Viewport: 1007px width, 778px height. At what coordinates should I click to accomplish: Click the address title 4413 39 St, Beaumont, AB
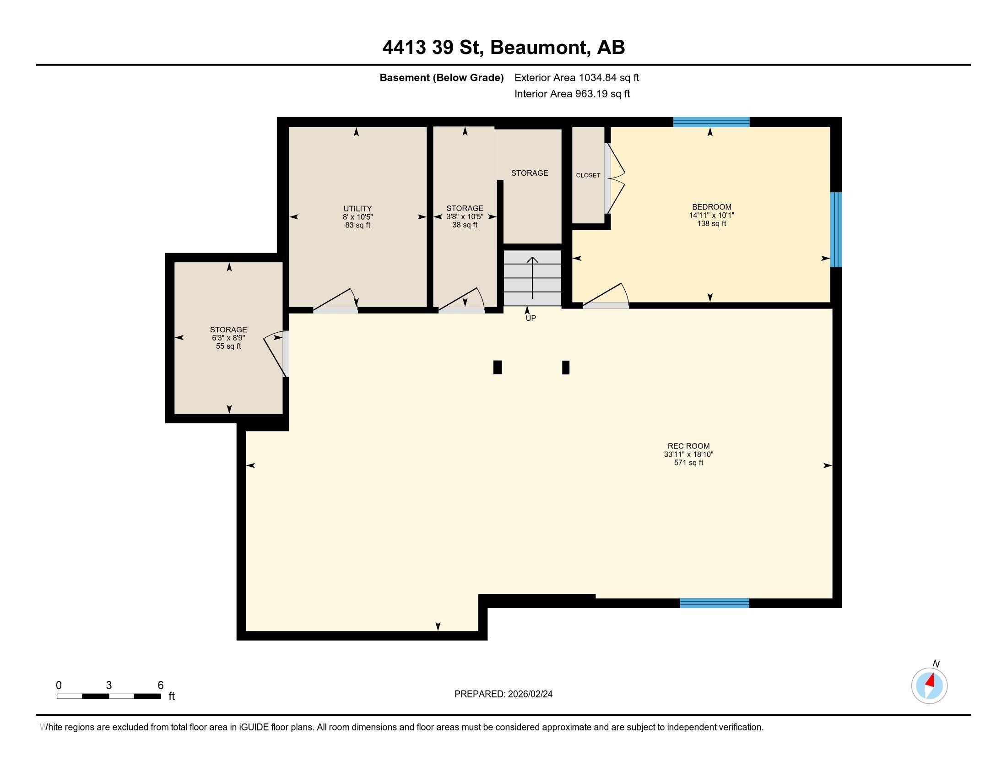coord(503,48)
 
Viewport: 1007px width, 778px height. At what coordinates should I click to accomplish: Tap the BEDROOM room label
coord(711,207)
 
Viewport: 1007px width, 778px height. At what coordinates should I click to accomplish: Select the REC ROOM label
coord(688,446)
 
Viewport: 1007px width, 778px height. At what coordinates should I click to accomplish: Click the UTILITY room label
coord(357,208)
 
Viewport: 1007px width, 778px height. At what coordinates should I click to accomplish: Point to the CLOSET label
coord(588,175)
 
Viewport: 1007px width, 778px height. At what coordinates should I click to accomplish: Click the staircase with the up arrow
coord(532,278)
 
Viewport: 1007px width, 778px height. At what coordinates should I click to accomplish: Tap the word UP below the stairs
coord(531,318)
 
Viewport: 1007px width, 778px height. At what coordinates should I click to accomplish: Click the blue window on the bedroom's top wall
coord(711,122)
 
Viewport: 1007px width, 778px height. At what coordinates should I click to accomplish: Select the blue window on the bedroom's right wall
coord(836,230)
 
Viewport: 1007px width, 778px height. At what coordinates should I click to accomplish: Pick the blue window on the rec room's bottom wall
coord(715,603)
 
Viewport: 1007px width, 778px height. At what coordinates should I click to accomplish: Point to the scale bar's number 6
coord(161,686)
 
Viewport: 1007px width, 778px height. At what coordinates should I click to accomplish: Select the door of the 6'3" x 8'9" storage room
coord(276,353)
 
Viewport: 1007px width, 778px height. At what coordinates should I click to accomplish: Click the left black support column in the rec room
coord(498,367)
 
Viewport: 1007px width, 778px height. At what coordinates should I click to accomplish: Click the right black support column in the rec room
coord(566,367)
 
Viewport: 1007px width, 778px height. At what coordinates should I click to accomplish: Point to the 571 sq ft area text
coord(688,463)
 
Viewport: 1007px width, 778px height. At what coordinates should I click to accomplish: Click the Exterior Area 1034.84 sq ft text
coord(577,78)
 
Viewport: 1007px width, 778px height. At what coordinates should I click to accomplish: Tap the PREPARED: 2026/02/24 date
coord(503,694)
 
